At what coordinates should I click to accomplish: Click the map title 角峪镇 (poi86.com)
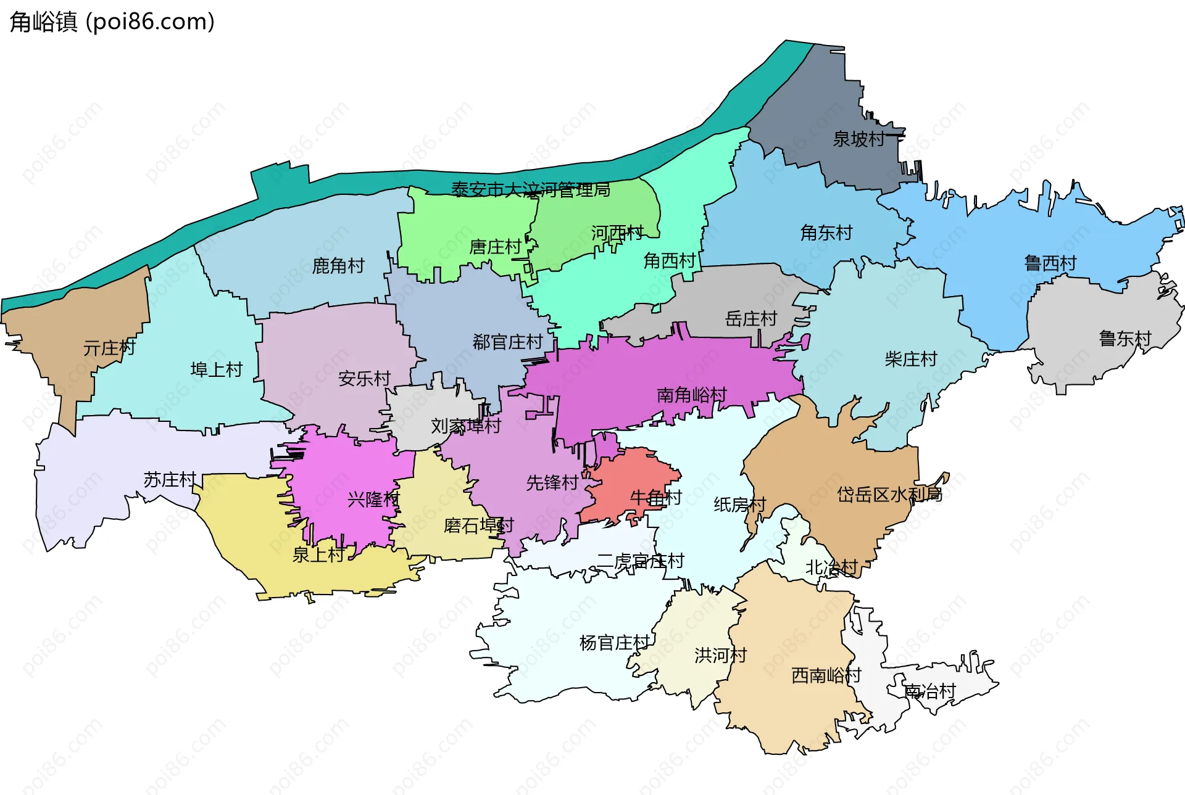112,22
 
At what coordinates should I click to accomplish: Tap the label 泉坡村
859,139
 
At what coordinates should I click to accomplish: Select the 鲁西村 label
1050,263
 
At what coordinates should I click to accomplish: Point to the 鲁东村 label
1125,339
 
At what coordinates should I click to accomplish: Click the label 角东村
826,233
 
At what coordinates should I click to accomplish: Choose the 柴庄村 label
910,359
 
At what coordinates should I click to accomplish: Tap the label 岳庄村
750,319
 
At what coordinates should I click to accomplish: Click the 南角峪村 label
691,395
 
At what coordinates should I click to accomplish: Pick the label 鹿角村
338,266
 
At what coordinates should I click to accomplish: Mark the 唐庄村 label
495,247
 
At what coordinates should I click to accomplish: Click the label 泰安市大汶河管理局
531,189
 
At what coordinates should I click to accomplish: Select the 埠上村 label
216,369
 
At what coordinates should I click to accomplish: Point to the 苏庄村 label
169,479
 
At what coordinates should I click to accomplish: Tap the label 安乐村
364,378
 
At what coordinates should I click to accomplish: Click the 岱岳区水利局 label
889,494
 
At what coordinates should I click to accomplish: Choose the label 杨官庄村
615,643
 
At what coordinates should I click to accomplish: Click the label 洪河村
720,655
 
